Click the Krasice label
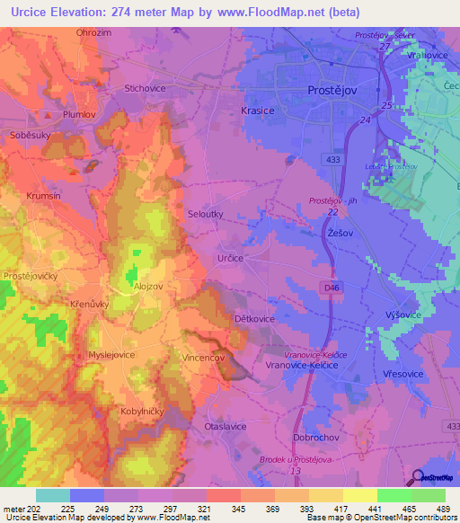pyautogui.click(x=257, y=108)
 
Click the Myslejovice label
pyautogui.click(x=111, y=355)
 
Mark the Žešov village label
pyautogui.click(x=340, y=231)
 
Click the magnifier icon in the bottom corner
pyautogui.click(x=418, y=477)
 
